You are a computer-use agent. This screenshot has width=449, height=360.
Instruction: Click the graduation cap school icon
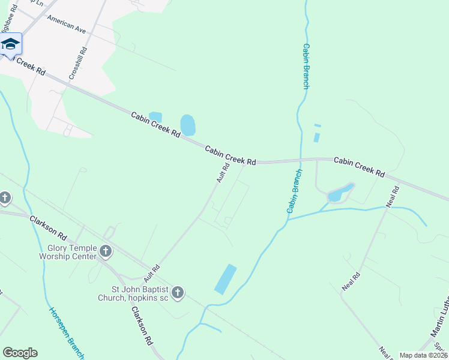click(10, 44)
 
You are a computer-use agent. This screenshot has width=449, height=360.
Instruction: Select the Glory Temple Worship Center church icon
click(106, 251)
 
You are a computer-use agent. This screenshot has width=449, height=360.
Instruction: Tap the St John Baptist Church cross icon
click(177, 293)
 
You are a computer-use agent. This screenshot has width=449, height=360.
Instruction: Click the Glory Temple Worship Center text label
click(72, 252)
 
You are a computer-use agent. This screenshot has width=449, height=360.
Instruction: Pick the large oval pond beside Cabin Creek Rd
click(188, 125)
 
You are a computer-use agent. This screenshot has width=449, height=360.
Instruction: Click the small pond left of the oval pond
click(155, 116)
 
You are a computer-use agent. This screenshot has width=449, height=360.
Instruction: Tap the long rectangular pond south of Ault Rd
click(225, 279)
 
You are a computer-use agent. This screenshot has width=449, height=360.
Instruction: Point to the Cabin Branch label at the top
click(306, 66)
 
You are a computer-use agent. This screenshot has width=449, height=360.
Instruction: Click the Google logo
click(20, 353)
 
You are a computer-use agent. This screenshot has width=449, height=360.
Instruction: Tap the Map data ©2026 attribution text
click(423, 355)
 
